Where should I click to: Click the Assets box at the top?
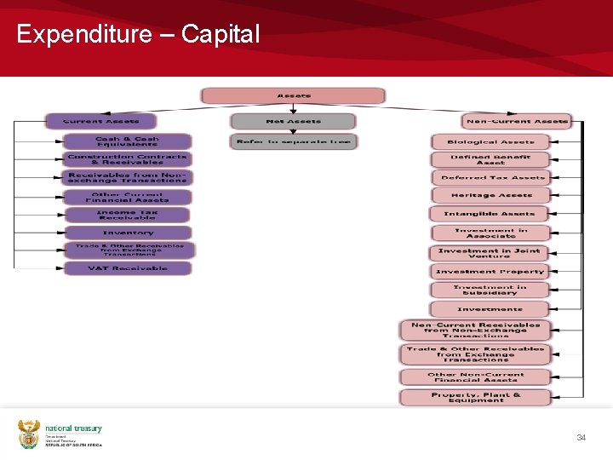pyautogui.click(x=293, y=95)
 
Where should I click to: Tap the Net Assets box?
pyautogui.click(x=293, y=121)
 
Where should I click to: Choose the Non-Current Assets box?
pyautogui.click(x=517, y=121)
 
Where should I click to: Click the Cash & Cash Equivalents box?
pyautogui.click(x=127, y=141)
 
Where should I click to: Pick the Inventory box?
pyautogui.click(x=128, y=233)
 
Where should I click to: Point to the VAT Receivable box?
pyautogui.click(x=128, y=268)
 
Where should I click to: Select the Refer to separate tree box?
pyautogui.click(x=293, y=141)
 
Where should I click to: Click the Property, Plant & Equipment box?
pyautogui.click(x=476, y=398)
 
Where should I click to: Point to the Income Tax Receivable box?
pyautogui.click(x=128, y=215)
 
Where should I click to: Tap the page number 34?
pyautogui.click(x=581, y=437)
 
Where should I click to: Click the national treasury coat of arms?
pyautogui.click(x=29, y=433)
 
